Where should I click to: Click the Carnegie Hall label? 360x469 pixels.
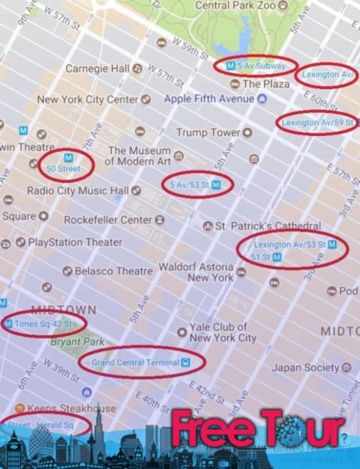point(98,69)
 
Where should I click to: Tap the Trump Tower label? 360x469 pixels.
point(207,133)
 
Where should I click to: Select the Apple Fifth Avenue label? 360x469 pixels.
point(209,99)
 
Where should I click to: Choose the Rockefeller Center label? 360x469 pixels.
point(108,220)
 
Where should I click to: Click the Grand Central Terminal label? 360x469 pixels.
point(135,363)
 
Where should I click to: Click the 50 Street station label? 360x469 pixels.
point(63,168)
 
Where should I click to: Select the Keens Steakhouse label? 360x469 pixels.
point(71,408)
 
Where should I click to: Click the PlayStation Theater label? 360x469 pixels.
point(75,242)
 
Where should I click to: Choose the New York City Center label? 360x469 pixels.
point(87,99)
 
